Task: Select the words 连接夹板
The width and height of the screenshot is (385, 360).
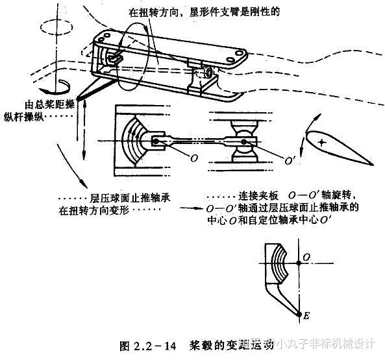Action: click(262, 197)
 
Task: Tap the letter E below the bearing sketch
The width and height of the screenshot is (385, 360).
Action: click(308, 316)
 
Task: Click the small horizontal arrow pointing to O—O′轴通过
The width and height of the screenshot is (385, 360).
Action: click(189, 209)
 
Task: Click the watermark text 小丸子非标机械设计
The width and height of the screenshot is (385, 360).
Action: click(325, 344)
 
